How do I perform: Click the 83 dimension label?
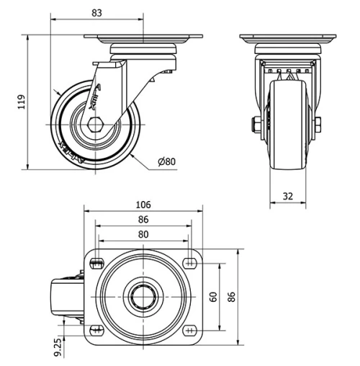point(96,12)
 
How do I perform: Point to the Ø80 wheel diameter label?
point(166,161)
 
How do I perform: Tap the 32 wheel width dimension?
point(287,195)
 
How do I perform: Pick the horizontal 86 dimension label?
point(145,220)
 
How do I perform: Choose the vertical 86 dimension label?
point(232,297)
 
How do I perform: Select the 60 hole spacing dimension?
point(214,297)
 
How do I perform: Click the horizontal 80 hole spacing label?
point(144,234)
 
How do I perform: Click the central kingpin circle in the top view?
point(145,296)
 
